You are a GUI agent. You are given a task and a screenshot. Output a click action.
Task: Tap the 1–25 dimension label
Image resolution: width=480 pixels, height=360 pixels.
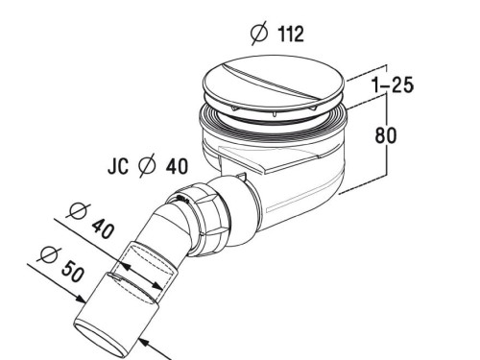click(393, 85)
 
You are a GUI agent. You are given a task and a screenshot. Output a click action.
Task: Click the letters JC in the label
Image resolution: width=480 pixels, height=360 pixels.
click(118, 167)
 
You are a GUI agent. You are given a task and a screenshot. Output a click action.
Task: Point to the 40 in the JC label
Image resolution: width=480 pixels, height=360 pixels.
click(177, 167)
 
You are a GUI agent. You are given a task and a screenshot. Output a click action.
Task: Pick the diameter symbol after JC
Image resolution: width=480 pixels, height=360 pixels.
click(148, 167)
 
